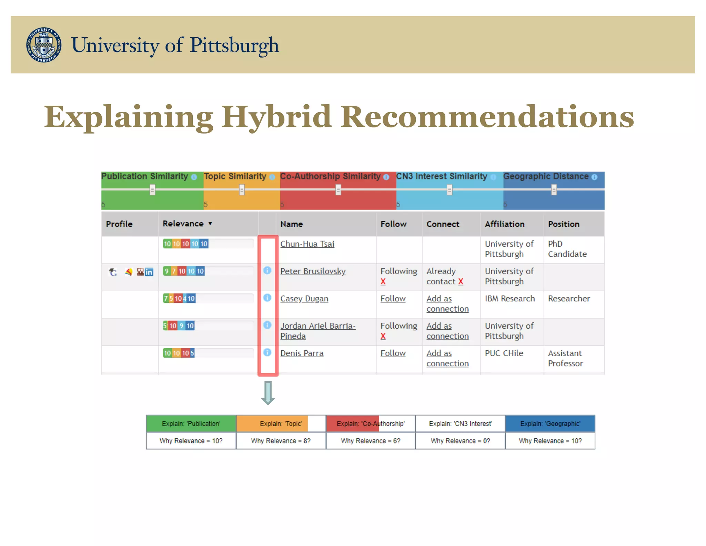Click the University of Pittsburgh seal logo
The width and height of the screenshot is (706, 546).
point(44,45)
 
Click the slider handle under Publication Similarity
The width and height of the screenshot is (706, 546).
point(152,189)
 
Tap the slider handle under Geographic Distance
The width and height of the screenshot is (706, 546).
point(554,189)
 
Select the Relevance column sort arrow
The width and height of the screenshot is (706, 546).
point(210,224)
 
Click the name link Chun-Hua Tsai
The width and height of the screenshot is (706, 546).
point(307,244)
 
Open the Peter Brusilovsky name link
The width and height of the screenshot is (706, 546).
point(313,271)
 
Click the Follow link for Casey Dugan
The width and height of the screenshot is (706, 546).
point(393,299)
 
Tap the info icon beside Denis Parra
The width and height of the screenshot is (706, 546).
point(267,352)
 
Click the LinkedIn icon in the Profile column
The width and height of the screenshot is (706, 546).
point(149,272)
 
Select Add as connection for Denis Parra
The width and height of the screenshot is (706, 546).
point(447,358)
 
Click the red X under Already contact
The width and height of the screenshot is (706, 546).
point(461,282)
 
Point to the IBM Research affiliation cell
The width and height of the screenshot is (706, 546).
point(510,299)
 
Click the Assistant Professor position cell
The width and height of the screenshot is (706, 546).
point(565,358)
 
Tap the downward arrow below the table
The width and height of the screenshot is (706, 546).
point(268,393)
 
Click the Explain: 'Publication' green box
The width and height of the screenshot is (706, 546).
point(191,423)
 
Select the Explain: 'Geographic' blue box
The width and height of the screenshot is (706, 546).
point(550,423)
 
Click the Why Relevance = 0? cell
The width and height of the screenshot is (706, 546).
point(460,441)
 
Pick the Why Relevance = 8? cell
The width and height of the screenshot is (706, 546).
point(281,441)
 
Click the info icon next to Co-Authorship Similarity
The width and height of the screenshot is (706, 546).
point(386,177)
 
